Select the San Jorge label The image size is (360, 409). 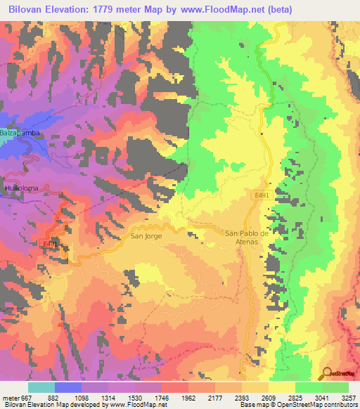click(146, 236)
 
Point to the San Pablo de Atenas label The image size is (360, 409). click(247, 238)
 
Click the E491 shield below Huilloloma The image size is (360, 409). click(50, 244)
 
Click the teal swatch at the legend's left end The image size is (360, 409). click(41, 387)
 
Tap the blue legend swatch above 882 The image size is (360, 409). click(68, 387)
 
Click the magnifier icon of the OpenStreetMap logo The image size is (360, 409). click(328, 372)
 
